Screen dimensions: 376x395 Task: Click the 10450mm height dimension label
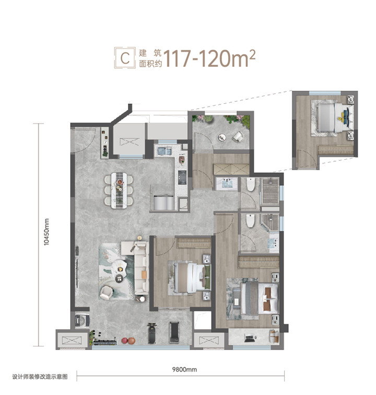tap(46, 232)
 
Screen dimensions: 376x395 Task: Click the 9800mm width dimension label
tap(184, 369)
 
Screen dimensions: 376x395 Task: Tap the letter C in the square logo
tap(125, 58)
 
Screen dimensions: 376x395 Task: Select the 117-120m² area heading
tap(210, 58)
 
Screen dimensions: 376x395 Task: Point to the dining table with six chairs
tap(119, 190)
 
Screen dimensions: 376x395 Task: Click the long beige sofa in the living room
tap(140, 268)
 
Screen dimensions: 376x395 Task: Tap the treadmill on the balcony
tap(174, 332)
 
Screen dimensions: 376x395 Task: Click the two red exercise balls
tap(128, 341)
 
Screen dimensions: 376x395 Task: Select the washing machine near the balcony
tap(82, 320)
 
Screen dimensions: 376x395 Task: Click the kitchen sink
tap(164, 151)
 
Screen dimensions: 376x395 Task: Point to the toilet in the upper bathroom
tap(251, 185)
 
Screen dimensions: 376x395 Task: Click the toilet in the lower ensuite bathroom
tap(250, 221)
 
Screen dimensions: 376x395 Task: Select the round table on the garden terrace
tap(222, 137)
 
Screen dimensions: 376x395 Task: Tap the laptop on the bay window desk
tap(249, 338)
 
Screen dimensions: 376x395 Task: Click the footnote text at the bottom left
tap(40, 377)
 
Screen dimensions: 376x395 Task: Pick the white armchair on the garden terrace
tap(238, 137)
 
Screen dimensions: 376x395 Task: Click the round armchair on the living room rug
tap(106, 293)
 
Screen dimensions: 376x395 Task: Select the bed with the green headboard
tap(192, 277)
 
